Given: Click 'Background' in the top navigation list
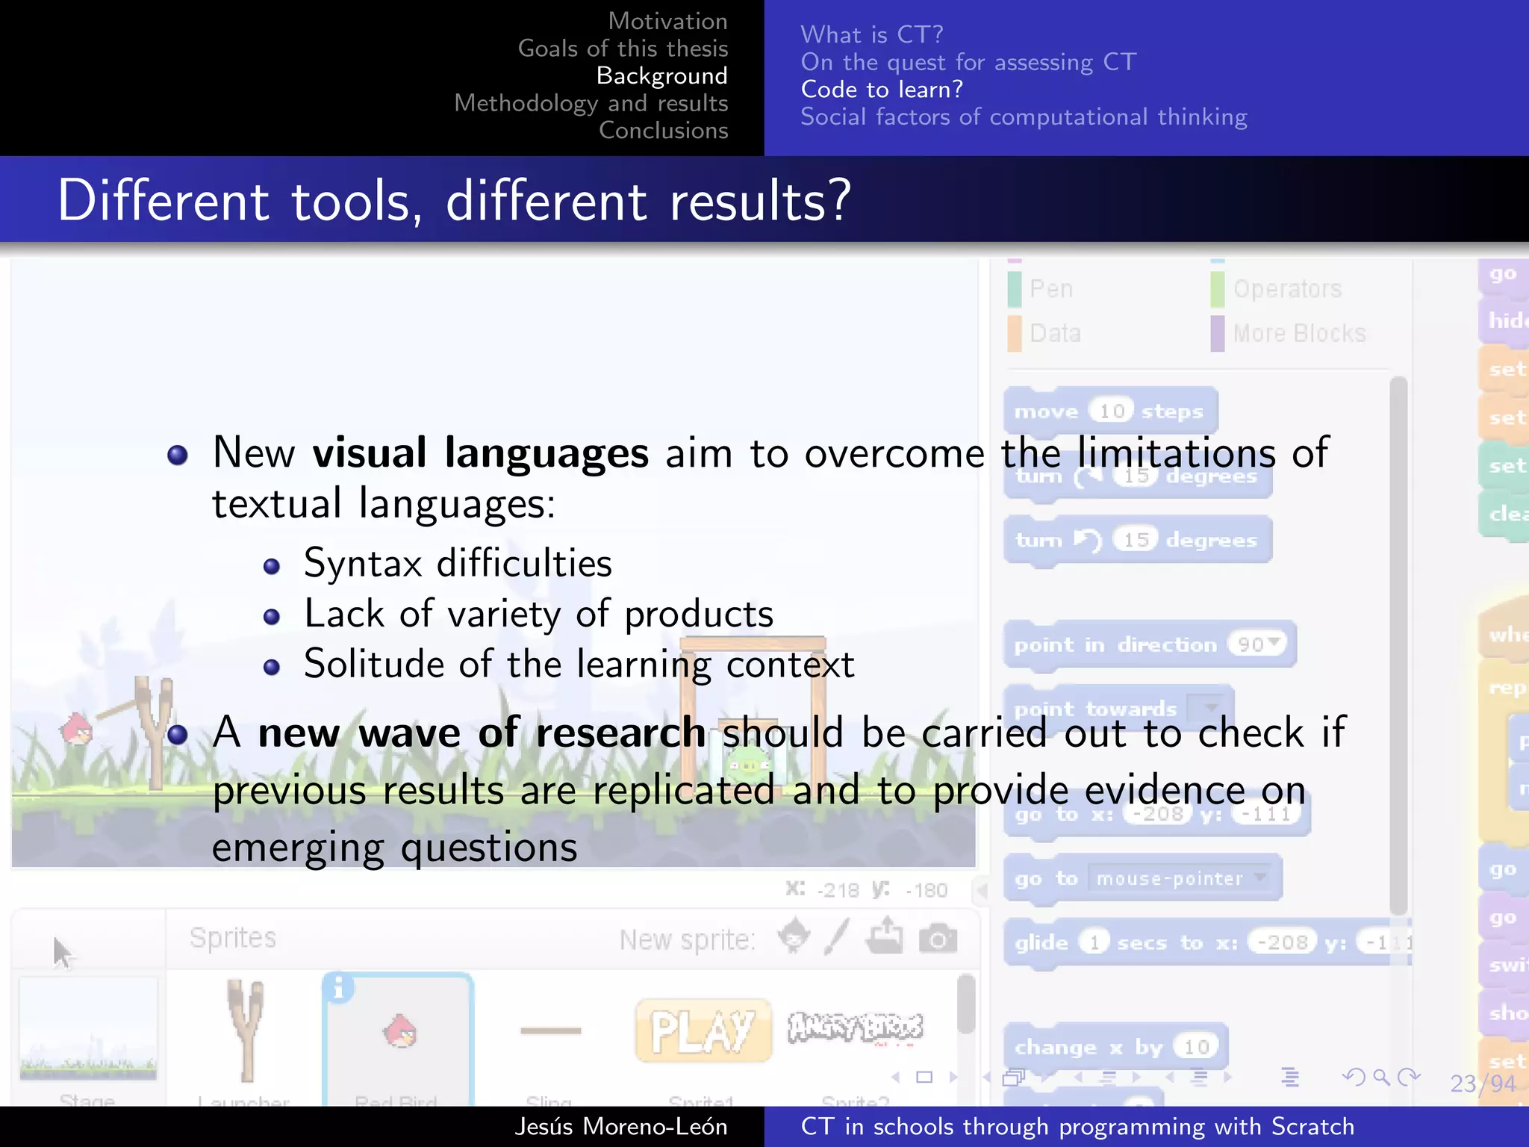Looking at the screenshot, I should pos(661,75).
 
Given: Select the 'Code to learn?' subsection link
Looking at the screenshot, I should pos(882,90).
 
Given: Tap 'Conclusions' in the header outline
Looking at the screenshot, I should pos(663,130).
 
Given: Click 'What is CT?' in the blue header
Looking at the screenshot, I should pos(871,34).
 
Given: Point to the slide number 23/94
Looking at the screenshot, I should pos(1483,1083).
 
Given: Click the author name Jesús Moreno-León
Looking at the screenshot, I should pos(620,1126).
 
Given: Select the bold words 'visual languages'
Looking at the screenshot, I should pos(480,453).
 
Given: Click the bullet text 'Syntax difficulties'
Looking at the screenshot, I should pos(458,563).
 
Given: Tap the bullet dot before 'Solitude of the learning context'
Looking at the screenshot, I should pos(272,666).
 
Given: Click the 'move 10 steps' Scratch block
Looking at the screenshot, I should pos(1109,411).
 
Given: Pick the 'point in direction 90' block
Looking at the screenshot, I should pos(1149,644).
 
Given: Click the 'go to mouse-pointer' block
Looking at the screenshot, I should pos(1142,878).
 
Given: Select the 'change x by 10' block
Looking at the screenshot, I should pos(1115,1047).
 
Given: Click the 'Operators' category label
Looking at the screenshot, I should pos(1287,289).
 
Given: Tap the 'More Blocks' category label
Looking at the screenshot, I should pos(1299,333).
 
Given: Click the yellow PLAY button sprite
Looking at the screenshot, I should pos(702,1031).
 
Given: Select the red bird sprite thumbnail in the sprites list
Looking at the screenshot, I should pos(399,1033).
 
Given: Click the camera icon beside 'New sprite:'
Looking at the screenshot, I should pos(938,938).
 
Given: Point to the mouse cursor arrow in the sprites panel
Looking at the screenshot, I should pos(61,951).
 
